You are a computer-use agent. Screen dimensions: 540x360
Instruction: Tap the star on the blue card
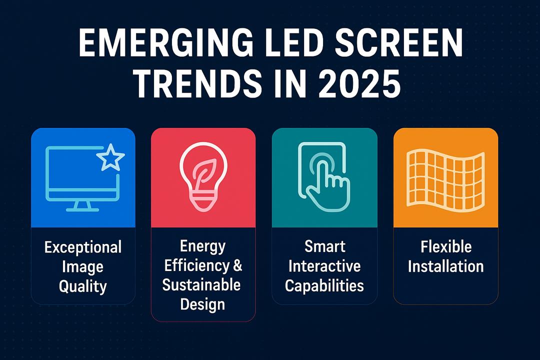[x=110, y=157]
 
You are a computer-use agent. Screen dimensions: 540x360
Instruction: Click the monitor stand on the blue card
[x=82, y=206]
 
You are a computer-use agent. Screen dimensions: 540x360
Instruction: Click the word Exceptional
[x=83, y=247]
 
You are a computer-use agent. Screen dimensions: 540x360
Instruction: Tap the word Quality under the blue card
[x=82, y=286]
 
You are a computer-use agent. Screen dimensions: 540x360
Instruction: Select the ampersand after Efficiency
[x=237, y=265]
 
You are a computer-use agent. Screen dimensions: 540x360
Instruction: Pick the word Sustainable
[x=201, y=285]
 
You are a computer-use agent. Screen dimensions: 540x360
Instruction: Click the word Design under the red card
[x=202, y=305]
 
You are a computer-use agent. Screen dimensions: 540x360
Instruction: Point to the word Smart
[x=325, y=246]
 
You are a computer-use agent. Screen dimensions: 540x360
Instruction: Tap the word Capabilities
[x=324, y=286]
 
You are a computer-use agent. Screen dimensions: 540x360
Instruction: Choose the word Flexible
[x=446, y=246]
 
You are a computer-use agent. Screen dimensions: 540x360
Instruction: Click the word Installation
[x=446, y=266]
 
